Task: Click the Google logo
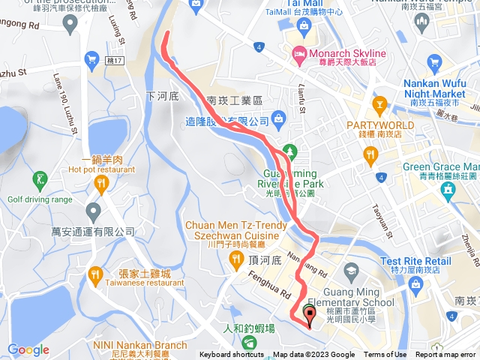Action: click(x=28, y=349)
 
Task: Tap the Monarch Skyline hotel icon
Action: click(x=299, y=53)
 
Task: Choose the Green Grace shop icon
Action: click(x=448, y=189)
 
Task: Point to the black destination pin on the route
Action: click(x=310, y=313)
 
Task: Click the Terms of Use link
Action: click(x=385, y=355)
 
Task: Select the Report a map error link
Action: click(x=446, y=355)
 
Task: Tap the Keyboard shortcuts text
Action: click(x=231, y=355)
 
